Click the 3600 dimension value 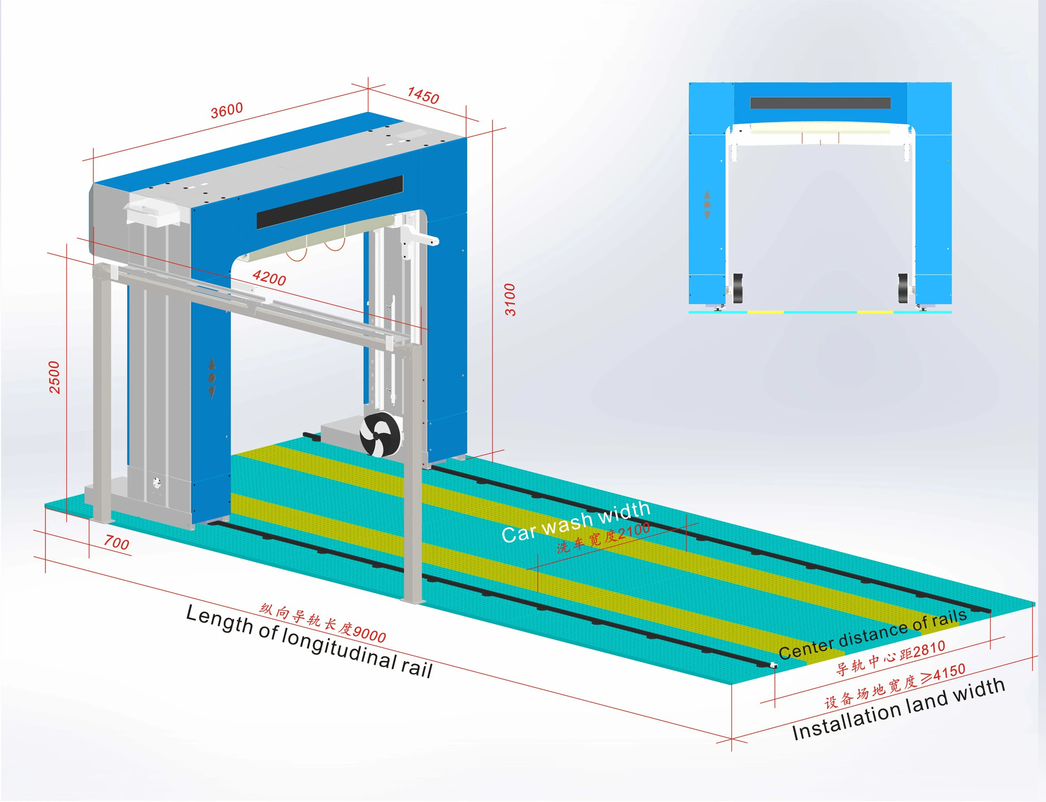[227, 110]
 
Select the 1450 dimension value [423, 95]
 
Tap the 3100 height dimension [510, 300]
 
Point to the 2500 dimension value [55, 377]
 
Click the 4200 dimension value [269, 277]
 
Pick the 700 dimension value [116, 543]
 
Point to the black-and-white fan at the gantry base [379, 435]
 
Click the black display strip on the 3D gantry [330, 202]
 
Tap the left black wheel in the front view [737, 288]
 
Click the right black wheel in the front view [903, 288]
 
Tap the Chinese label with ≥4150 [895, 685]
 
